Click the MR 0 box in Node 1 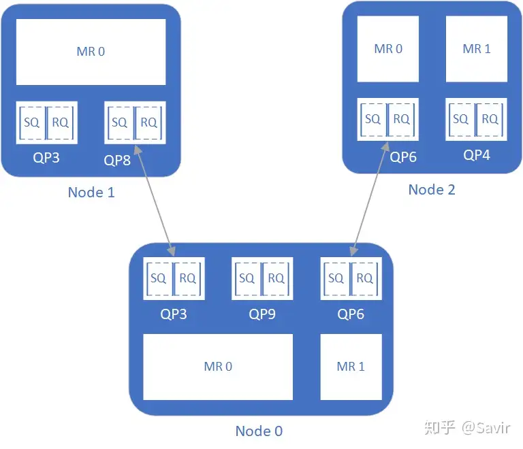[91, 52]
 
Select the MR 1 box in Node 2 [477, 49]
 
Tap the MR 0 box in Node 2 [388, 49]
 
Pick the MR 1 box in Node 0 [351, 367]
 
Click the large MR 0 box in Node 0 [218, 367]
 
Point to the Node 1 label [91, 193]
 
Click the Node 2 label [432, 190]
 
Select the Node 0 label [259, 431]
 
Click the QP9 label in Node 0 [262, 314]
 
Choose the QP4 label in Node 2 [477, 155]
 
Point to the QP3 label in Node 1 [46, 158]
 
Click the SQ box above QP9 [247, 278]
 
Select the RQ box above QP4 [490, 119]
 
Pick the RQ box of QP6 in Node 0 [365, 278]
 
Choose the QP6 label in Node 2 [402, 156]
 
